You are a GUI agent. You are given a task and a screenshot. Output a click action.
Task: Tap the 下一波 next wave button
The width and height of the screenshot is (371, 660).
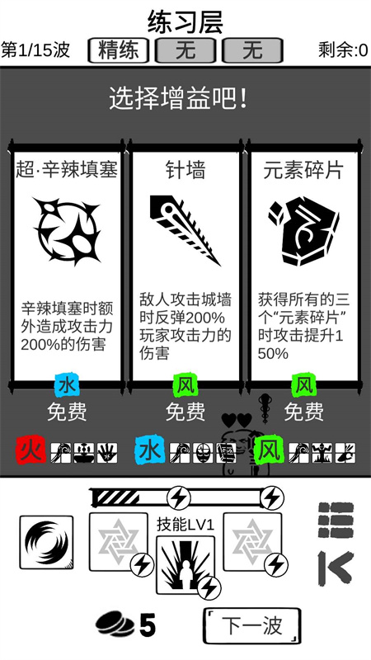[252, 626]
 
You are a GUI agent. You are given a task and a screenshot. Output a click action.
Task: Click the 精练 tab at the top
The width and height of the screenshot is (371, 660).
[119, 50]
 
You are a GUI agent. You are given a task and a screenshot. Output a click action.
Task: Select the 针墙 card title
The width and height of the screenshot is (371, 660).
[185, 171]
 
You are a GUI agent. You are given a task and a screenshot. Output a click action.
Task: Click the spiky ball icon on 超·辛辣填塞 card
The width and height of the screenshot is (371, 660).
[68, 231]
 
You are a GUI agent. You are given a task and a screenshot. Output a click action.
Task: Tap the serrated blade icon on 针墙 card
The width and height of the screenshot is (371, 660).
[185, 230]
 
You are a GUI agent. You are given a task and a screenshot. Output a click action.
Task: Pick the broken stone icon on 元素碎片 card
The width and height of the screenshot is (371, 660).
[303, 231]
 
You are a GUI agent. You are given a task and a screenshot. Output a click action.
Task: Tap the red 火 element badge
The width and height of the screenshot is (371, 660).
[31, 450]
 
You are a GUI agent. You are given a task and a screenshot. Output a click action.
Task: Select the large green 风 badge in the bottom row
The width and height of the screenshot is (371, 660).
[270, 450]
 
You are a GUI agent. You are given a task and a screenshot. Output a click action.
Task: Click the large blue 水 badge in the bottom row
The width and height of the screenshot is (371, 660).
[150, 450]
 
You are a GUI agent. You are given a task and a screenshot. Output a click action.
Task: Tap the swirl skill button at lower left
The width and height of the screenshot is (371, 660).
[46, 543]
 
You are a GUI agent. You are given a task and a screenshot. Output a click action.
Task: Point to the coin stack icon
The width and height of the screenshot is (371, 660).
[116, 625]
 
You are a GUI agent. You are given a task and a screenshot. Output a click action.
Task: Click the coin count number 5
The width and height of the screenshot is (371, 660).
[148, 625]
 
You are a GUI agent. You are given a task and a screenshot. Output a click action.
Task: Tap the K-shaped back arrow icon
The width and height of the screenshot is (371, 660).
[336, 568]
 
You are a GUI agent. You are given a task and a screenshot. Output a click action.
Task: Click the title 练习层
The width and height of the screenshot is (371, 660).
[185, 22]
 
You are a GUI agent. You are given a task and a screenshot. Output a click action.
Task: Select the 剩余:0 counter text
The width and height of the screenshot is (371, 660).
[343, 50]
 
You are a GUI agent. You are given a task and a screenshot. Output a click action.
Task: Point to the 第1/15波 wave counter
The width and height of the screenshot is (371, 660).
[35, 50]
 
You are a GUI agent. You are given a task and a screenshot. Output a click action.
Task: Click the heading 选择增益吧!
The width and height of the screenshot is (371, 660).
[178, 99]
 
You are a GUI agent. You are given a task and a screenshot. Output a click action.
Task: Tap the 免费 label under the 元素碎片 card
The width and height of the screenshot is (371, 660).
[303, 412]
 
